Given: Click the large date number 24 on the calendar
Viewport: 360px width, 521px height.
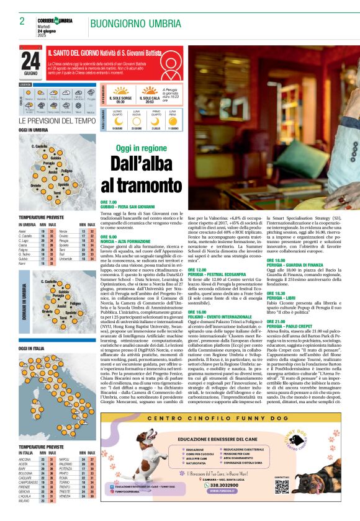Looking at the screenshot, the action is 30,60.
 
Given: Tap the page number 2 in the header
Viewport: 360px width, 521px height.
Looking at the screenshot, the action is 22,21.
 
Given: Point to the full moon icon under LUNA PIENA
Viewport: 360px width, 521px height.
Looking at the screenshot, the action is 174,122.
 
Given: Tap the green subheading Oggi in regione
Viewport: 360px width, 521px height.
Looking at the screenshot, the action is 141,148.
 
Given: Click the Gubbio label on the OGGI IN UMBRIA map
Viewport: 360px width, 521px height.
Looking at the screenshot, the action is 55,158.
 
